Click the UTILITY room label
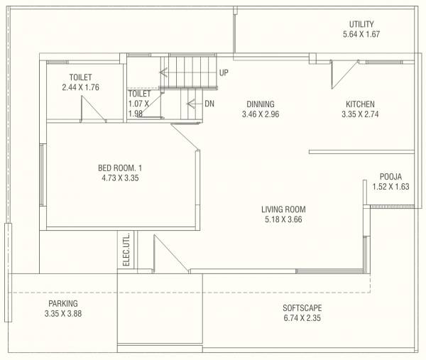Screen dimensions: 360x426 (x=361, y=24)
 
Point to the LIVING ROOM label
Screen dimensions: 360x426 (x=283, y=209)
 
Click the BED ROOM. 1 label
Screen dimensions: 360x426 (x=120, y=168)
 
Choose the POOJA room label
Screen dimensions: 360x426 (x=390, y=177)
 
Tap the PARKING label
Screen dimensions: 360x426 (x=63, y=303)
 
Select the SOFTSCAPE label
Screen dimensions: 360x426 (x=302, y=308)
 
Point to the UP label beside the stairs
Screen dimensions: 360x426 (x=224, y=72)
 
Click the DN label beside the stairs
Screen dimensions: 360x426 (x=209, y=104)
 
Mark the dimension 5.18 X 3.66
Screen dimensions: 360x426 (x=283, y=219)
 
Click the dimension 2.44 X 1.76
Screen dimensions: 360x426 (x=80, y=87)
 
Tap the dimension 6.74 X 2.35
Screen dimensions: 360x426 (x=302, y=318)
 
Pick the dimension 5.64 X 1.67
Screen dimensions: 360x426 (x=361, y=34)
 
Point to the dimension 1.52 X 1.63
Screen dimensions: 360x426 (x=390, y=187)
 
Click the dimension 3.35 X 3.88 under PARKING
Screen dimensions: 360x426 (x=63, y=313)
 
